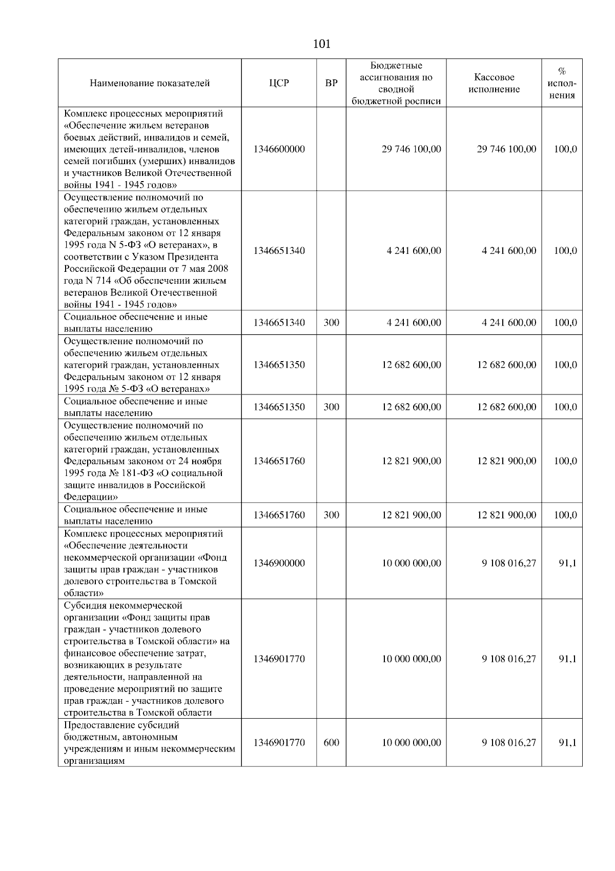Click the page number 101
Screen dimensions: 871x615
(321, 44)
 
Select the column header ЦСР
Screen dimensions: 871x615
(279, 83)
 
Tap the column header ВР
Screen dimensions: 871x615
(332, 83)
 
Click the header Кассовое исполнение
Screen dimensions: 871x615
(494, 83)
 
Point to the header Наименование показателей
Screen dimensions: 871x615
(150, 83)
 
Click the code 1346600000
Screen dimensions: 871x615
(279, 149)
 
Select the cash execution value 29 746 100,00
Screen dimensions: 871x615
(506, 149)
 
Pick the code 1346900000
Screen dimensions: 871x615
(279, 563)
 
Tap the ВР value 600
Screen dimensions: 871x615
(332, 743)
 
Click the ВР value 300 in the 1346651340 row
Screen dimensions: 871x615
(332, 323)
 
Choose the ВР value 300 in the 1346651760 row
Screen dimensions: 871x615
(332, 515)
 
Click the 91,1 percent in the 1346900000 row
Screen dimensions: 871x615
(567, 563)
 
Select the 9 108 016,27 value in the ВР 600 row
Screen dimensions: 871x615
(508, 743)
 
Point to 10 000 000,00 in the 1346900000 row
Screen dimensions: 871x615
(411, 563)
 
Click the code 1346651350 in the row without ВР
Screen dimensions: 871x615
(279, 365)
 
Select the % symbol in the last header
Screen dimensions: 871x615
(562, 71)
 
